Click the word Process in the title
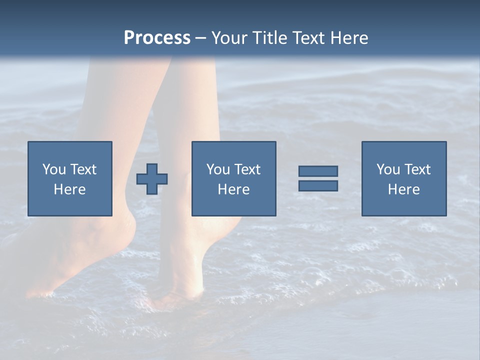[157, 38]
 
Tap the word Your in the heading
[228, 38]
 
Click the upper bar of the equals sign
[318, 171]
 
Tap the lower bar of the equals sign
[318, 185]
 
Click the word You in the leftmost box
[54, 169]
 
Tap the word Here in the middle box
[234, 189]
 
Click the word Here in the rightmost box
[404, 189]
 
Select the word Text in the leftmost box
[83, 169]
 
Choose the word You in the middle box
[218, 169]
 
